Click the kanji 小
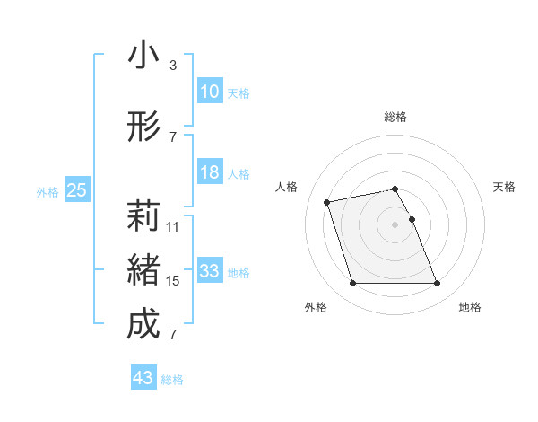[143, 55]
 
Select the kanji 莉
[143, 216]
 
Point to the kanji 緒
[143, 270]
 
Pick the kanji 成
[143, 324]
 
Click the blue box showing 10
[209, 92]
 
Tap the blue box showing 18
[209, 172]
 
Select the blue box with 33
[209, 271]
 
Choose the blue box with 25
[77, 189]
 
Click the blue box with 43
[143, 378]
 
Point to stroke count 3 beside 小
[173, 66]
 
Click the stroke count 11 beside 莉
[173, 227]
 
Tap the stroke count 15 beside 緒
[173, 281]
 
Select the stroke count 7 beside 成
[173, 335]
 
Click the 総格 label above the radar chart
[395, 117]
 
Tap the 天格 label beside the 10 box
[239, 93]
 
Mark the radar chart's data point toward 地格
[437, 284]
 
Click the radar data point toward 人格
[327, 201]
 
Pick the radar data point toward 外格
[352, 284]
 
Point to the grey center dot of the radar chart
[395, 224]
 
